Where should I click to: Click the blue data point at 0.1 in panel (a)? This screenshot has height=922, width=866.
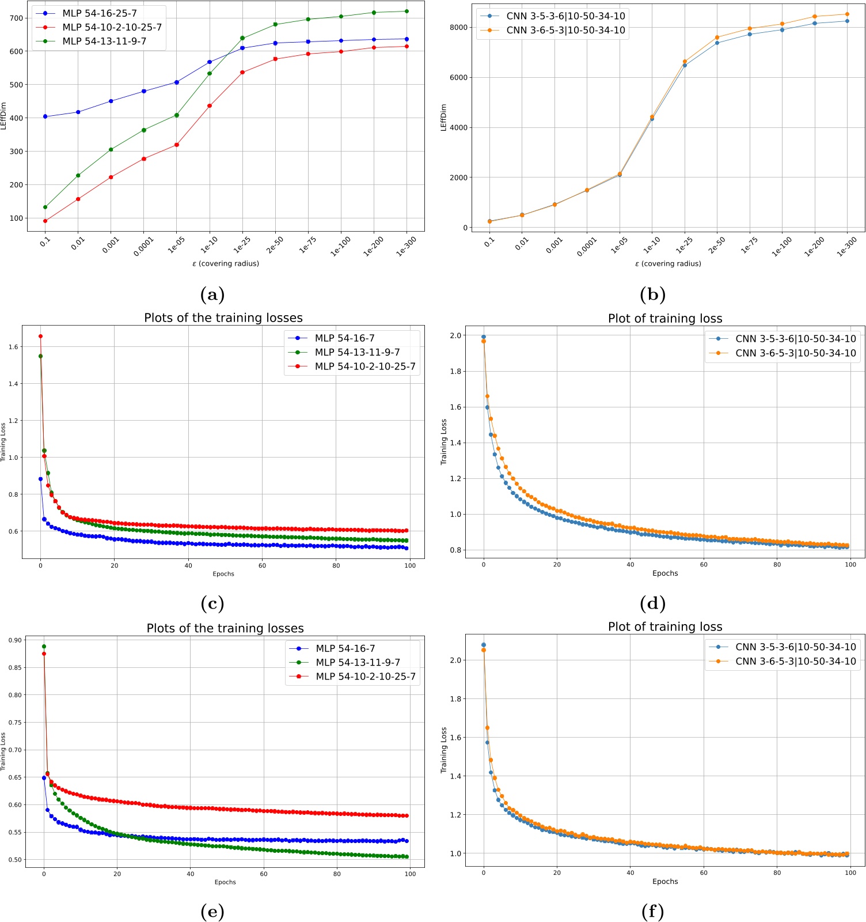[x=45, y=117]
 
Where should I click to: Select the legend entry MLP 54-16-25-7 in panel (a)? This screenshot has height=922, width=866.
[x=99, y=13]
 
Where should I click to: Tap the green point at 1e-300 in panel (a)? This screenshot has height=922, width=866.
[x=407, y=11]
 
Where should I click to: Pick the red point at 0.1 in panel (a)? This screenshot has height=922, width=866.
[x=45, y=221]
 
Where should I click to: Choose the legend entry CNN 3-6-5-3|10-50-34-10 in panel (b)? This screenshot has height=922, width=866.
[x=565, y=30]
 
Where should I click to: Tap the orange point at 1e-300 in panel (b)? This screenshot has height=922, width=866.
[x=847, y=14]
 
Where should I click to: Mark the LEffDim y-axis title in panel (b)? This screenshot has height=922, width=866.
[x=443, y=118]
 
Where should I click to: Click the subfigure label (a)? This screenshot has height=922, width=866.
[x=212, y=295]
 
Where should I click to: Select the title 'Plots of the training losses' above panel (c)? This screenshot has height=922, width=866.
[x=223, y=318]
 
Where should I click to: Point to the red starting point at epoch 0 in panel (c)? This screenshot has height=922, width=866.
[x=40, y=336]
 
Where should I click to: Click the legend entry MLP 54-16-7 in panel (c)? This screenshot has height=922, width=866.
[x=344, y=338]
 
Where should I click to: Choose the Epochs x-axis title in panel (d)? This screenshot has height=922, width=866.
[x=665, y=573]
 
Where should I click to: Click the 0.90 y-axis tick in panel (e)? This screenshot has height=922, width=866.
[x=16, y=640]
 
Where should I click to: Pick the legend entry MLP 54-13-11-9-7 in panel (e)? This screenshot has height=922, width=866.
[x=358, y=663]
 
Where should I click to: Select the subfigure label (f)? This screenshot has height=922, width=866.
[x=652, y=912]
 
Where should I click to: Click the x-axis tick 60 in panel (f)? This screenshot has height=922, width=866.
[x=704, y=873]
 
